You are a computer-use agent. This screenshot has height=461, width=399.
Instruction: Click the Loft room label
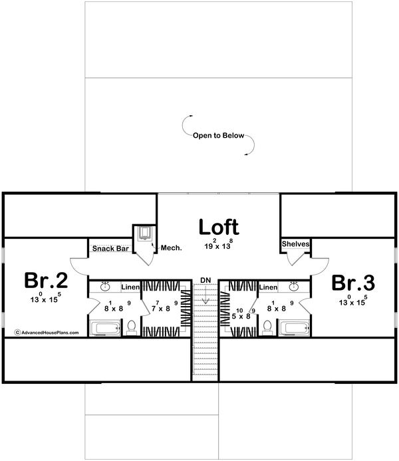click(x=219, y=227)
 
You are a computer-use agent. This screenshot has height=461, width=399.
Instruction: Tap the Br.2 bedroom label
click(x=44, y=281)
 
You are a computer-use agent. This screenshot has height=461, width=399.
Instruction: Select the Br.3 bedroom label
click(x=352, y=283)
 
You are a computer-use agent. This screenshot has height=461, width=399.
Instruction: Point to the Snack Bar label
click(x=110, y=249)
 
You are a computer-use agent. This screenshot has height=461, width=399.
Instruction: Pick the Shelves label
click(x=295, y=244)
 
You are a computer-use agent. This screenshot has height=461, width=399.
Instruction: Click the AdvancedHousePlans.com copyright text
click(x=47, y=331)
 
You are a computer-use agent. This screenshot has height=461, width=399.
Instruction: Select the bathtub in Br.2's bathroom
click(x=104, y=328)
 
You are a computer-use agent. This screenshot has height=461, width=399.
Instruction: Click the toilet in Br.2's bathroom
click(x=131, y=326)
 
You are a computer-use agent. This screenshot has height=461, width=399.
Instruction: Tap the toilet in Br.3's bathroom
click(x=267, y=326)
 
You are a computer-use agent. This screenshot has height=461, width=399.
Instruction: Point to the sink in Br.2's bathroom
click(x=105, y=287)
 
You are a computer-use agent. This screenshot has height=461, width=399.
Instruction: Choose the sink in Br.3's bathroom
click(x=293, y=287)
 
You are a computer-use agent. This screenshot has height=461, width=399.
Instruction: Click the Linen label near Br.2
click(x=130, y=287)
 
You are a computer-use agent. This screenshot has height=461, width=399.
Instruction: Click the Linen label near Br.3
click(x=268, y=287)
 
